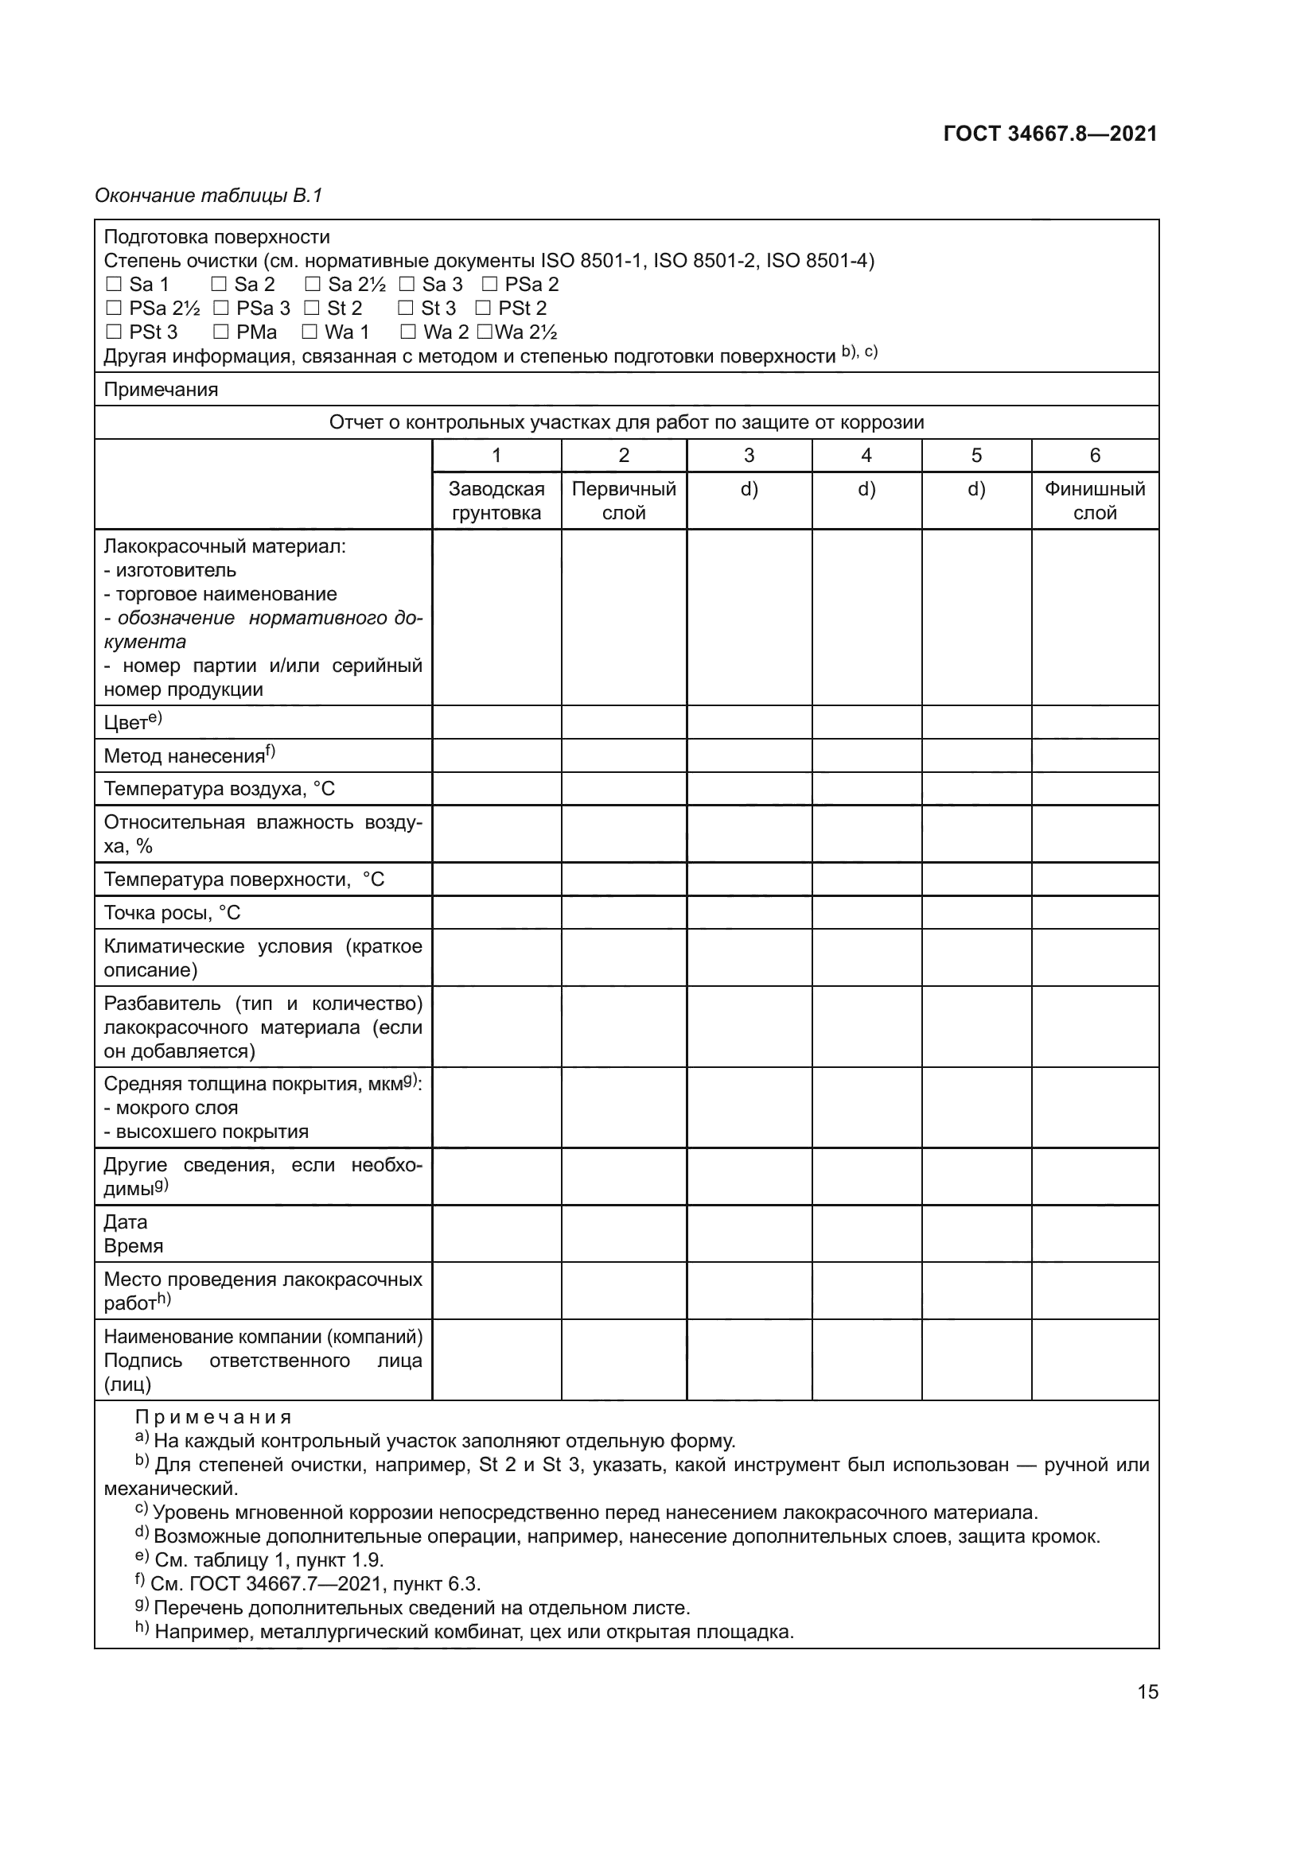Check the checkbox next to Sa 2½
click(x=313, y=285)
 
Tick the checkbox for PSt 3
click(x=115, y=333)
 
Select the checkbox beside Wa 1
click(x=310, y=333)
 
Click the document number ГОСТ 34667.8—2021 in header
click(x=1050, y=134)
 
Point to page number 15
click(x=1147, y=1691)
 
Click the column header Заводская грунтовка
click(x=496, y=501)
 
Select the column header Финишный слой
click(x=1094, y=501)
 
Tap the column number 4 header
click(x=866, y=456)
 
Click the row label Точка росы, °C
click(x=172, y=913)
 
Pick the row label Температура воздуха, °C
click(x=219, y=789)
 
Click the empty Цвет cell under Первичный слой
click(x=623, y=723)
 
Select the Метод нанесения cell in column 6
click(x=1094, y=755)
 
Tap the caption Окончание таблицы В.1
click(x=208, y=196)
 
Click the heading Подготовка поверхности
click(x=216, y=237)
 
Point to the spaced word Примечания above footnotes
click(x=213, y=1418)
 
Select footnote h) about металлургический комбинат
click(x=465, y=1632)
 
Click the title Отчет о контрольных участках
click(x=625, y=423)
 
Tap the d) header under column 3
click(x=749, y=489)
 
